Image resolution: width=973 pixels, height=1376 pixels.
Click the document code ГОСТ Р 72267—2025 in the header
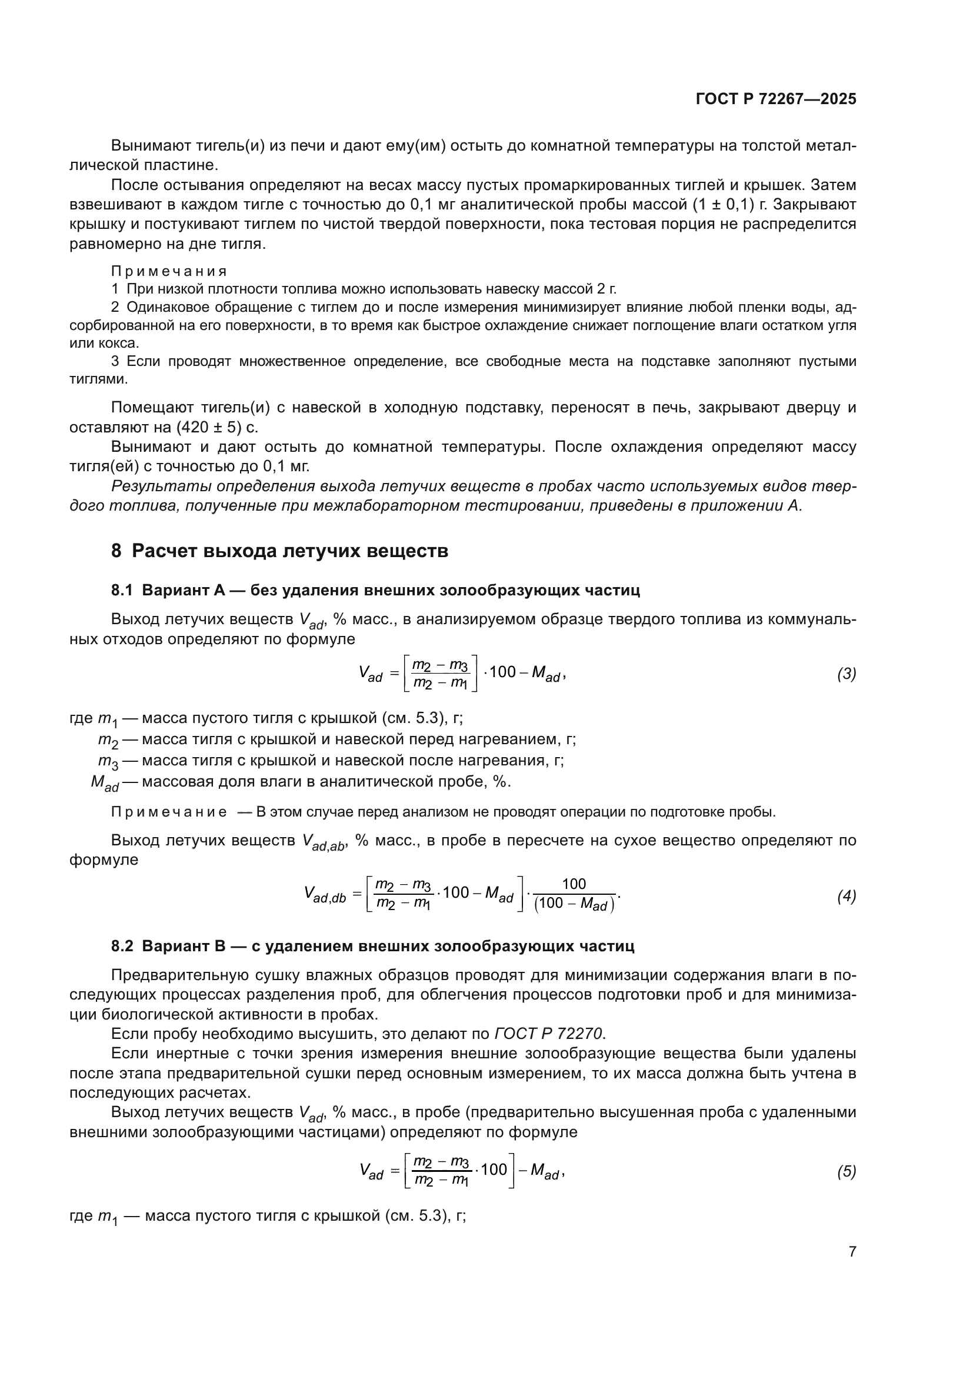pyautogui.click(x=776, y=99)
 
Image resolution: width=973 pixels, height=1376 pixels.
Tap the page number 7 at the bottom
pyautogui.click(x=852, y=1252)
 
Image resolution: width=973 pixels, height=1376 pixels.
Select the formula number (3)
pyautogui.click(x=846, y=674)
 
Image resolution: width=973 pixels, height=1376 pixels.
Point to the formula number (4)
pyautogui.click(x=846, y=897)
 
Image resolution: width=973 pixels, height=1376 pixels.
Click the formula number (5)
pyautogui.click(x=846, y=1172)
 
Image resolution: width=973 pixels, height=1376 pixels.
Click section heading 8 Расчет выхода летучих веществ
pyautogui.click(x=279, y=551)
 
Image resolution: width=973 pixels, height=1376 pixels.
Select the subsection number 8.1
pyautogui.click(x=122, y=590)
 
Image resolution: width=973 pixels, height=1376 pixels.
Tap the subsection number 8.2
pyautogui.click(x=122, y=947)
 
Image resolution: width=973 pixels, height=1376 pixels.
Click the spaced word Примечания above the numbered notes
pyautogui.click(x=169, y=271)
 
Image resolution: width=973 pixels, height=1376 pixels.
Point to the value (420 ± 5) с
pyautogui.click(x=218, y=427)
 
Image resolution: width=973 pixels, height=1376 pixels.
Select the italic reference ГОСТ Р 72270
pyautogui.click(x=549, y=1034)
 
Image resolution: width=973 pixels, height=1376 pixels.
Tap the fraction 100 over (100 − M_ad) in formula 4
pyautogui.click(x=574, y=895)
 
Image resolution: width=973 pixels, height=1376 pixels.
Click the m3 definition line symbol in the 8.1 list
pyautogui.click(x=108, y=762)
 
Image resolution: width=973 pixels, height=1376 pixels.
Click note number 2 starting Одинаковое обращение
pyautogui.click(x=115, y=308)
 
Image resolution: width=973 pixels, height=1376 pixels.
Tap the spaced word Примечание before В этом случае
pyautogui.click(x=169, y=812)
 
